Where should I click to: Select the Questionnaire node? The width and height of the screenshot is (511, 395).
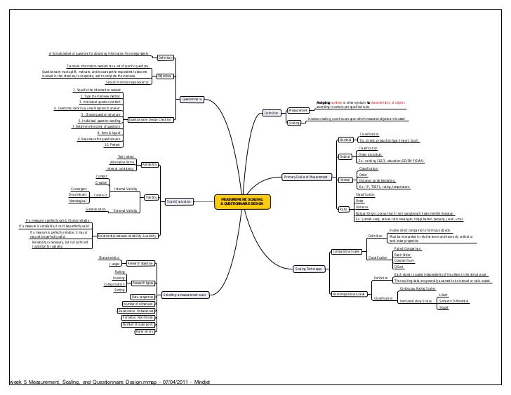click(192, 100)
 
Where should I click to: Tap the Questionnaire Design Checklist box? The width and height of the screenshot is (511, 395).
click(150, 119)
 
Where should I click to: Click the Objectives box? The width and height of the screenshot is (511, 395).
click(165, 75)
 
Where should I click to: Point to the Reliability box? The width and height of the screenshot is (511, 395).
click(149, 164)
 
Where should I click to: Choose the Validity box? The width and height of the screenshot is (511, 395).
click(151, 197)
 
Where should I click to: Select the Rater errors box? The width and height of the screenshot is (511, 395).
click(144, 332)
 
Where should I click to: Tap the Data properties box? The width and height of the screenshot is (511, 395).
click(142, 297)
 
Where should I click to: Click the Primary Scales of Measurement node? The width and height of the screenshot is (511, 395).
click(305, 176)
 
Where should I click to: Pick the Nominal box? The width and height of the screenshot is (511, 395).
click(345, 140)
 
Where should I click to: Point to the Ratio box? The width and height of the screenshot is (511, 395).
click(343, 209)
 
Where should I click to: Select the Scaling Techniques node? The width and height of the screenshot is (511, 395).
click(309, 269)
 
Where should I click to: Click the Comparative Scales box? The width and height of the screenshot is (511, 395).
click(346, 251)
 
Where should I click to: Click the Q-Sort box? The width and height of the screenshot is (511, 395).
click(399, 267)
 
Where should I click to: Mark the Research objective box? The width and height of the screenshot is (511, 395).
click(139, 263)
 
